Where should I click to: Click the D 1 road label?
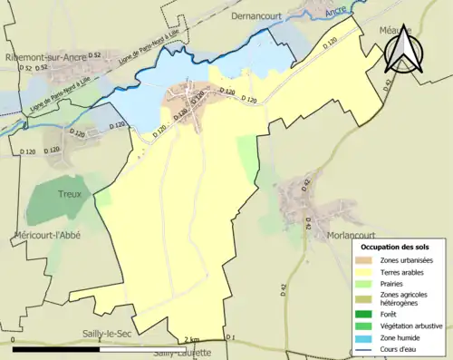229,338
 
